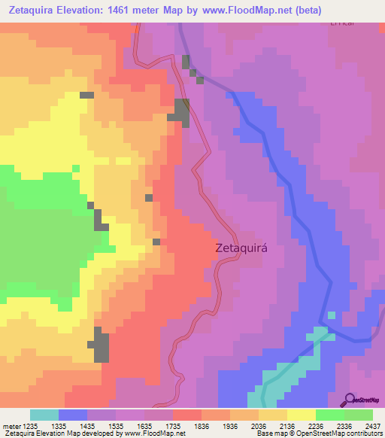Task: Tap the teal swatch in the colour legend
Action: coord(44,415)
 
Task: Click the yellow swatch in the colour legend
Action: coord(302,415)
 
